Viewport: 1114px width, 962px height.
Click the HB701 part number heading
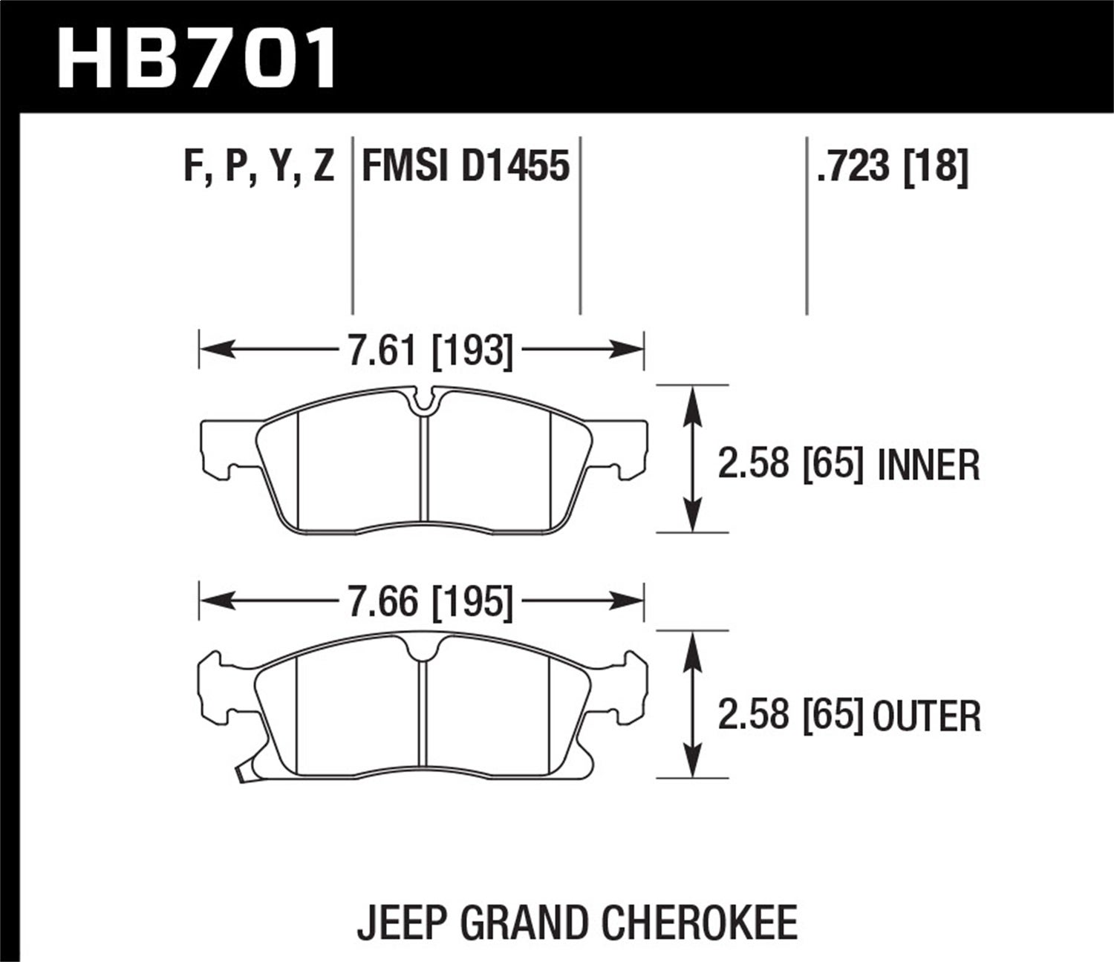197,56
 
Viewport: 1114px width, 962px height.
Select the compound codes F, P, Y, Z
258,166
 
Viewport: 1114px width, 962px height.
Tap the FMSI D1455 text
465,166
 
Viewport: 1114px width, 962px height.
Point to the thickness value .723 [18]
892,166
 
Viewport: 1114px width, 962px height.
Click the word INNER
928,466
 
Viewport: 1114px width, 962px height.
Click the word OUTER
927,716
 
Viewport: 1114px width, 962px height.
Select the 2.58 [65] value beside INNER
790,466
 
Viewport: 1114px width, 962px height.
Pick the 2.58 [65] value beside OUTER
790,716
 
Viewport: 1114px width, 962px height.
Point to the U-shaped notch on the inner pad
424,401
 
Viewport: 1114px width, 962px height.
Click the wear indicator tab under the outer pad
241,776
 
